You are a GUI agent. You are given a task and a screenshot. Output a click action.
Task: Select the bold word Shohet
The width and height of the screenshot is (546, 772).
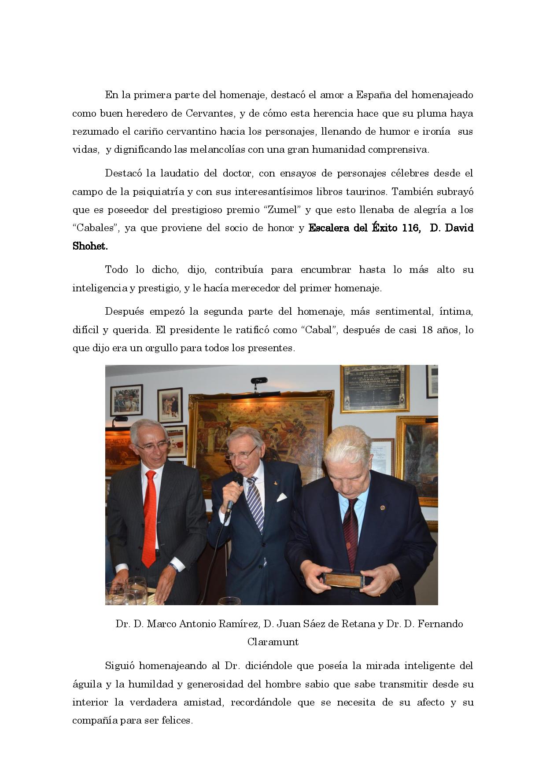pos(90,246)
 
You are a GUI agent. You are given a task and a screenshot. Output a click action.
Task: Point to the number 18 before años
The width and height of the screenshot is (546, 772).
pos(427,330)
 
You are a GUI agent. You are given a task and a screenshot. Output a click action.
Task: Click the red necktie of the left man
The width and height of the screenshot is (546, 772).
pos(150,517)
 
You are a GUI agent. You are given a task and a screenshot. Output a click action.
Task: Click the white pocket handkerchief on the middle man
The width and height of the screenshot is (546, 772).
pos(281,497)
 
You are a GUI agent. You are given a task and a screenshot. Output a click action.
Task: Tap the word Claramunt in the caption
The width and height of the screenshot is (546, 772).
pos(273,642)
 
